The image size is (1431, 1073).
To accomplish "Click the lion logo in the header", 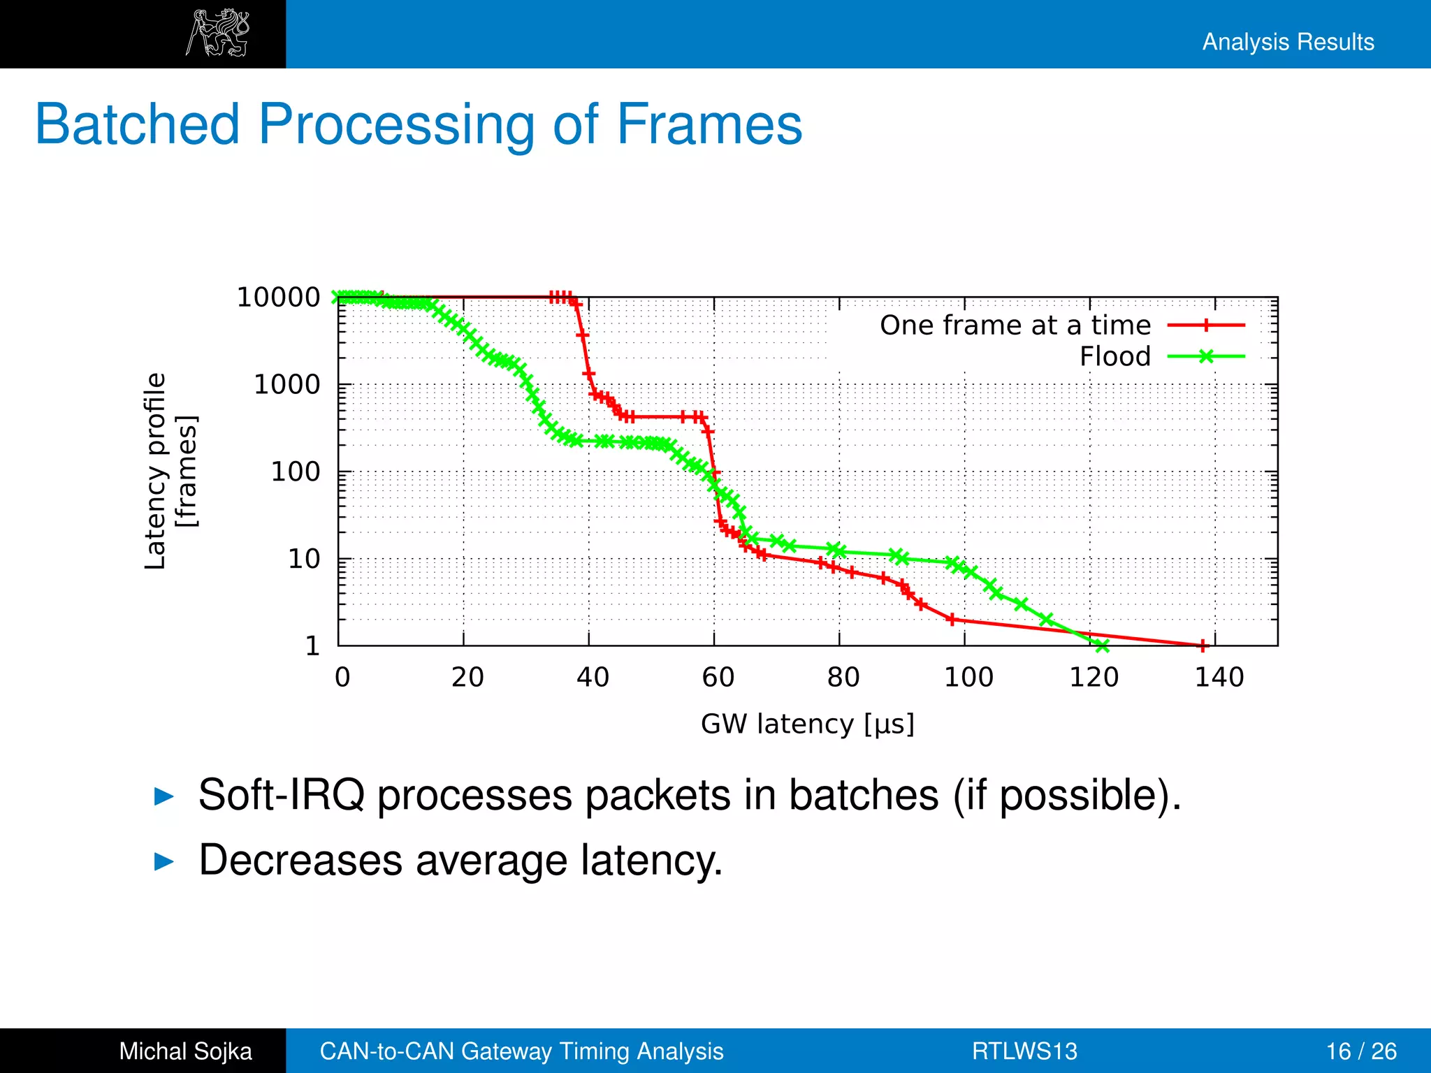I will click(x=217, y=33).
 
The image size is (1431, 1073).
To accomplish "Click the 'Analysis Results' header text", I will click(x=1288, y=42).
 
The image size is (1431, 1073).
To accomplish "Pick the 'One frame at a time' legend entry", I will click(x=1015, y=326).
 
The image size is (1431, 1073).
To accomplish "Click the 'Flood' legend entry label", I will click(x=1115, y=357).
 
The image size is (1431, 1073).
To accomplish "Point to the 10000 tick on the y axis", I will click(x=278, y=298).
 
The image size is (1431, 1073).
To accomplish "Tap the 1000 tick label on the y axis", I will click(x=286, y=385).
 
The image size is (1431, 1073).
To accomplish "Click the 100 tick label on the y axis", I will click(x=295, y=472).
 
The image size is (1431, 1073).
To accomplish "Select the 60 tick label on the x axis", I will click(x=718, y=677).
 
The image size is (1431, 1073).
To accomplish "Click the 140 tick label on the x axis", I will click(x=1219, y=677).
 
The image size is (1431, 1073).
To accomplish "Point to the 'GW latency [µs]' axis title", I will click(x=807, y=724).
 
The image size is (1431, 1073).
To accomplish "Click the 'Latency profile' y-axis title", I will click(x=155, y=471).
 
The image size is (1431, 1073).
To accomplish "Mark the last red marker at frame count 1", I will click(x=1203, y=645).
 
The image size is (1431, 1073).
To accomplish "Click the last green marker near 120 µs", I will click(x=1102, y=645).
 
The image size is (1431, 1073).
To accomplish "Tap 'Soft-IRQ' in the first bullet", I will click(x=281, y=795).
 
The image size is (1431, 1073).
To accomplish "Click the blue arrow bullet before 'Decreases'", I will click(x=164, y=861).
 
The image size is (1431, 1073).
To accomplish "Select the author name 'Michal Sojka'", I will click(x=185, y=1051).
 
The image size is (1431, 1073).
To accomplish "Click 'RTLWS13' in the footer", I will click(x=1024, y=1051).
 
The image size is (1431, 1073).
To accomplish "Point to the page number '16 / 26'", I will click(x=1361, y=1051).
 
